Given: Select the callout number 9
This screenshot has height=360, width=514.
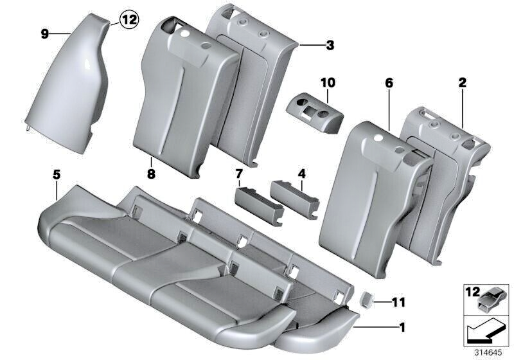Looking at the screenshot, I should click(45, 33).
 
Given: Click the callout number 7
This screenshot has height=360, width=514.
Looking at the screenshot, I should click(239, 175).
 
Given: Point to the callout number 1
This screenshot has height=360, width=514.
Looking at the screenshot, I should click(402, 330).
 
